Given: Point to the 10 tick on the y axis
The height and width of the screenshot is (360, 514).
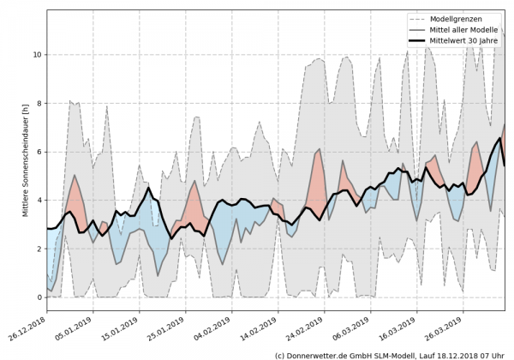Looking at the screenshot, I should (x=36, y=54).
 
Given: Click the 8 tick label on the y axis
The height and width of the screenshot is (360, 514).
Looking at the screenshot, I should (x=38, y=103).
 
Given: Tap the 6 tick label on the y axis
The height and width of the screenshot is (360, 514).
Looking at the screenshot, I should (x=38, y=152).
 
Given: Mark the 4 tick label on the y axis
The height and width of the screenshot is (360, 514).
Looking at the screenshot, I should (x=38, y=201).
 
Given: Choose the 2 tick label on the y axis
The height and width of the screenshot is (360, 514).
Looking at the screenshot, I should (x=38, y=249).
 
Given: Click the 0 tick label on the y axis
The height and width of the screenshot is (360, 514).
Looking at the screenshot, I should (x=38, y=297).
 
